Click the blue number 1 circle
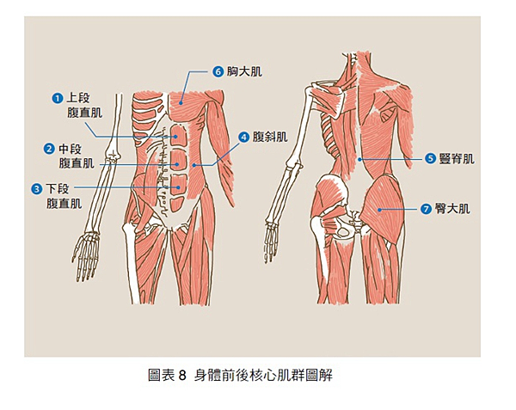click(58, 98)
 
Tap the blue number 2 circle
click(49, 149)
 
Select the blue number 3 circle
click(36, 189)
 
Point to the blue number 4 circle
click(244, 138)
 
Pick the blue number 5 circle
click(431, 159)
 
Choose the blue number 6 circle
click(218, 71)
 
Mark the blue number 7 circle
click(427, 209)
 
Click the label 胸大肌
click(244, 71)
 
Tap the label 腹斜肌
click(270, 138)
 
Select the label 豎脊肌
click(457, 159)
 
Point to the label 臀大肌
click(452, 209)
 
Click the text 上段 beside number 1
click(78, 98)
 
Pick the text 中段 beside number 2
click(70, 149)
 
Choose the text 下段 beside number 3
click(58, 189)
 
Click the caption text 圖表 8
click(167, 375)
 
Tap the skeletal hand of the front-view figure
click(85, 256)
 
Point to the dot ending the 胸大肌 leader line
click(181, 103)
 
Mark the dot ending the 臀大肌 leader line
click(379, 210)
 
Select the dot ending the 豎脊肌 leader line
click(360, 160)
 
